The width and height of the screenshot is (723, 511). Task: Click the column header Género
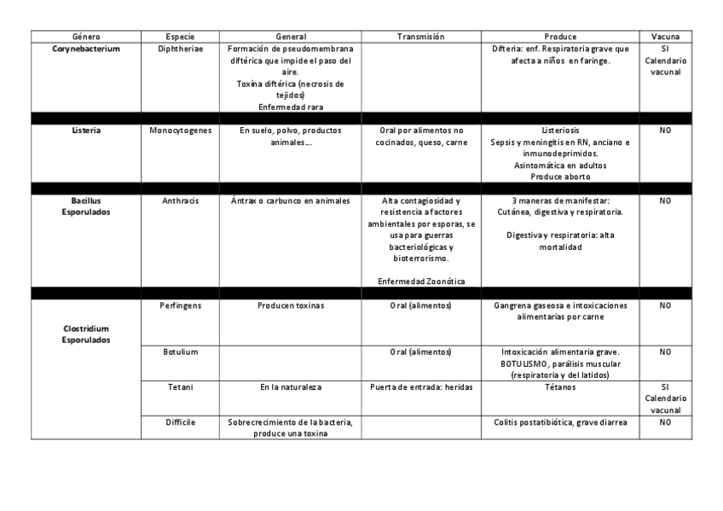(86, 38)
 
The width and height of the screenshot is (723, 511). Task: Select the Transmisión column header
(421, 38)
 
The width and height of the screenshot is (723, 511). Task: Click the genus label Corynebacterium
(86, 49)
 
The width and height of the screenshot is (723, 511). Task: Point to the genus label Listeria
(86, 131)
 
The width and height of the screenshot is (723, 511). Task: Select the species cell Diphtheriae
(181, 49)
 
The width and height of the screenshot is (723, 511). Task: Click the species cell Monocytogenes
(181, 131)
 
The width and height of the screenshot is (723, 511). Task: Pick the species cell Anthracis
(181, 201)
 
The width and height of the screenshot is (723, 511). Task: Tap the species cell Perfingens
(181, 305)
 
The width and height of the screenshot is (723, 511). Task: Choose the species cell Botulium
(181, 351)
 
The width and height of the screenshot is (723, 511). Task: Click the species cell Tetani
(181, 387)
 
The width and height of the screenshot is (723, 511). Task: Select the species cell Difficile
(181, 422)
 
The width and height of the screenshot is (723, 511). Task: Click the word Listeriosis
(560, 131)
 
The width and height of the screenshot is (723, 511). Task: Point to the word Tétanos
(560, 387)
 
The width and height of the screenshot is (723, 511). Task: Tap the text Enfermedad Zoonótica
(421, 282)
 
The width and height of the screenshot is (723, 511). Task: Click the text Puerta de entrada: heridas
(421, 387)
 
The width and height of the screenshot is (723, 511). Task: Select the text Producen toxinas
(291, 305)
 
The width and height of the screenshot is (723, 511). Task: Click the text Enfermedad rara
(291, 107)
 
